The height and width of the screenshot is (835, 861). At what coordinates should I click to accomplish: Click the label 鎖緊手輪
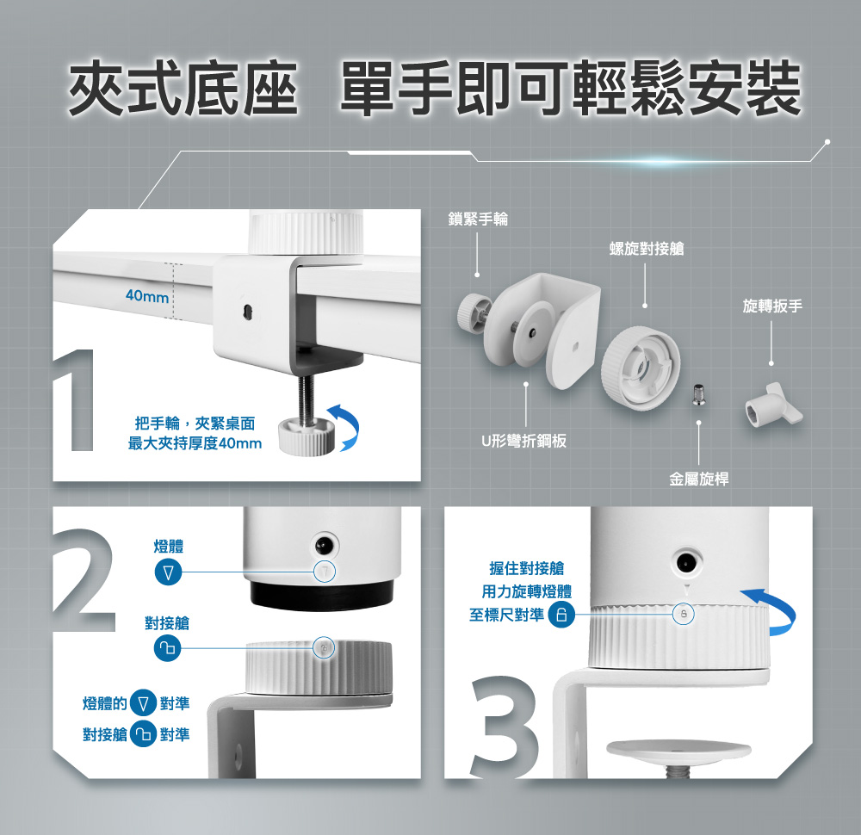point(478,219)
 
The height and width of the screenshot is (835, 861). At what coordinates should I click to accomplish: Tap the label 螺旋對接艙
point(647,249)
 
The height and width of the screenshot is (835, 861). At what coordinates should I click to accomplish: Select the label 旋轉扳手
point(772,306)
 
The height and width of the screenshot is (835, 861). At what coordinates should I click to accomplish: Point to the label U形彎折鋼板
point(523,441)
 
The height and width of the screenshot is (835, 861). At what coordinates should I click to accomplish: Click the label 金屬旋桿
point(698,479)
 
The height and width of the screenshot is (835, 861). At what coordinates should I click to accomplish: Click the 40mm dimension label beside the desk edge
point(146,296)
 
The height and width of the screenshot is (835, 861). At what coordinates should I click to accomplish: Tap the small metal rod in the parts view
point(698,393)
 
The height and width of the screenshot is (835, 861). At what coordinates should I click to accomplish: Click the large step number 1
point(75,399)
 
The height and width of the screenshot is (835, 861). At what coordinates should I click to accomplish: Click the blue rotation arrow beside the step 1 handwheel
point(345,428)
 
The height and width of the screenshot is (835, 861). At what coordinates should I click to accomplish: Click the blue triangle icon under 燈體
point(168,572)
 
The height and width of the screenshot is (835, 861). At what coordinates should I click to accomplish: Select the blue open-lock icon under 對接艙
point(168,648)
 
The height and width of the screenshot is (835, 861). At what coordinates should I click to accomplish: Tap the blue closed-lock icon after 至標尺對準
point(561,615)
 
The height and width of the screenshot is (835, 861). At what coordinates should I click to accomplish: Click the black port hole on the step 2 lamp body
point(324,545)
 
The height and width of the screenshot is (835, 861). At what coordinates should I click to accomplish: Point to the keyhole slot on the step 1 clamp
point(247,311)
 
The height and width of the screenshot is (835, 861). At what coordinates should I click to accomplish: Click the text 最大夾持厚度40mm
point(195,443)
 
